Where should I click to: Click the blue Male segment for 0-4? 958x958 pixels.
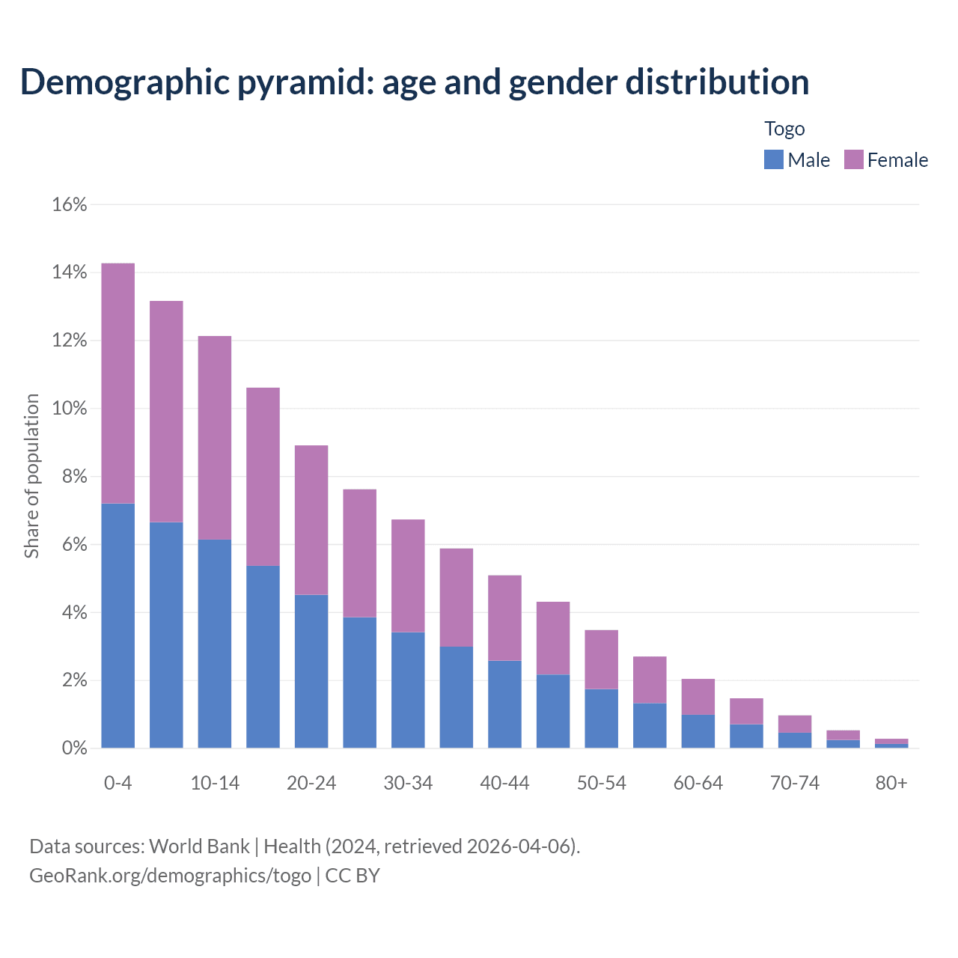coord(118,626)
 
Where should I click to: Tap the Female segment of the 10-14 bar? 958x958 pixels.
coord(215,438)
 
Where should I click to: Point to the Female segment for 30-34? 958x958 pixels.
coord(408,576)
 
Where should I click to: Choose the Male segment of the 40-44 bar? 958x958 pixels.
coord(504,704)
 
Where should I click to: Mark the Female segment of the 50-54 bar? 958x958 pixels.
coord(601,659)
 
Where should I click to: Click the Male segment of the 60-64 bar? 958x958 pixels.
coord(698,731)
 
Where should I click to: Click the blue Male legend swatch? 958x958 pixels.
coord(773,159)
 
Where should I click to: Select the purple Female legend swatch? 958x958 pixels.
coord(853,159)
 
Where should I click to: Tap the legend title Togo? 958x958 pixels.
coord(784,129)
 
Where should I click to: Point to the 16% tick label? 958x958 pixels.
coord(70,204)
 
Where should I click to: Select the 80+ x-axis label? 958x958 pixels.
coord(891,783)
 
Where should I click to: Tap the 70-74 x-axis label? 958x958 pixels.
coord(794,783)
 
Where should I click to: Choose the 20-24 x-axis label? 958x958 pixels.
coord(311,783)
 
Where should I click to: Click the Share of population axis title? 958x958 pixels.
coord(31,476)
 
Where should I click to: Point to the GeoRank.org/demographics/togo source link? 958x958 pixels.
coord(170,875)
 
